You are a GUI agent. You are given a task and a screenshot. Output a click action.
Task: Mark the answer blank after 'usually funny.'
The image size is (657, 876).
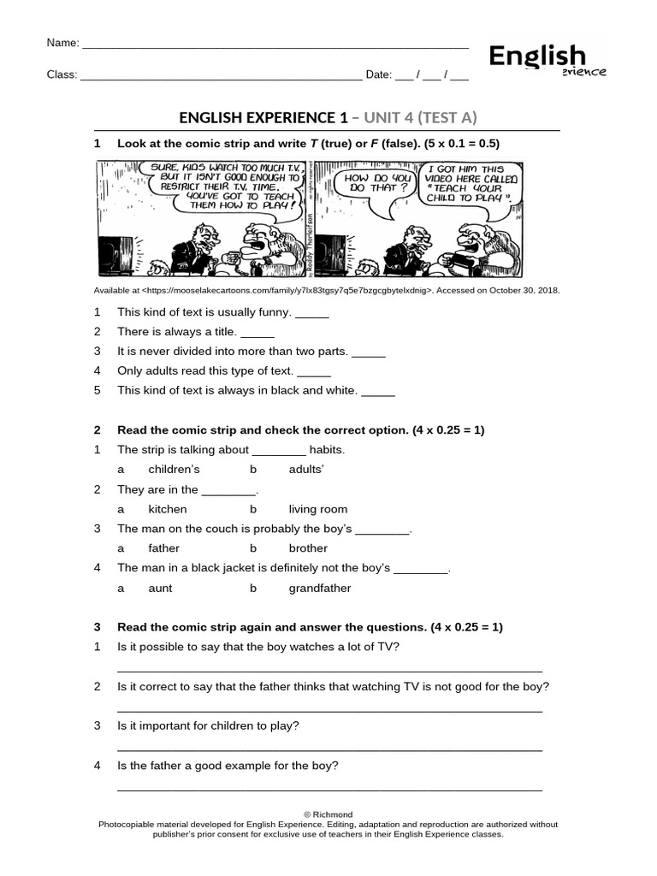pyautogui.click(x=312, y=313)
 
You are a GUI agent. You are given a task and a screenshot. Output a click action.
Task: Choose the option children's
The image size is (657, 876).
pyautogui.click(x=174, y=470)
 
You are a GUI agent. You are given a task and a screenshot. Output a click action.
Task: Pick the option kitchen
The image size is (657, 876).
pyautogui.click(x=168, y=509)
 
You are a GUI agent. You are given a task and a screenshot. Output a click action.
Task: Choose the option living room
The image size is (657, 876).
pyautogui.click(x=318, y=509)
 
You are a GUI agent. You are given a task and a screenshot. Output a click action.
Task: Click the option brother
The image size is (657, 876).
pyautogui.click(x=308, y=548)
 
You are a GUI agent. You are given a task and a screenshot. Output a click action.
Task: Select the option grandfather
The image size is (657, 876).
pyautogui.click(x=320, y=589)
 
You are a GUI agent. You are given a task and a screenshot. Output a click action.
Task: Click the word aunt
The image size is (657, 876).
pyautogui.click(x=161, y=589)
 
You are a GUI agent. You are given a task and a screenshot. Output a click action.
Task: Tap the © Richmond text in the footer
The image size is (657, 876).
pyautogui.click(x=328, y=814)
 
